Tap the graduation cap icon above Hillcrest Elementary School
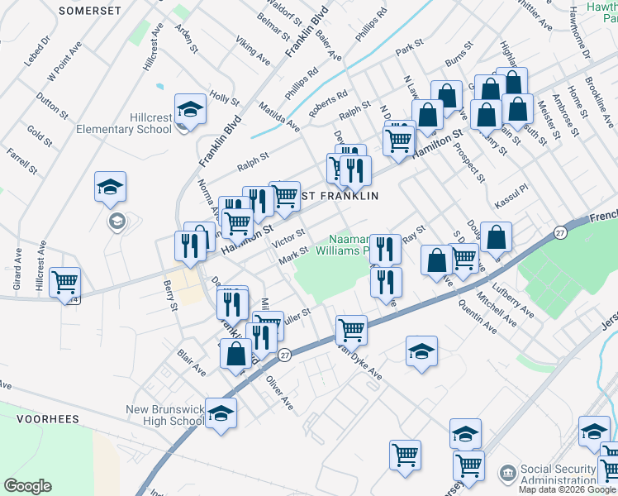point(189,110)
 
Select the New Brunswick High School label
point(165,415)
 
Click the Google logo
point(27,486)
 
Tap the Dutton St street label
point(51,107)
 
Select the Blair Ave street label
point(191,362)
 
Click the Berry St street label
point(170,295)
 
